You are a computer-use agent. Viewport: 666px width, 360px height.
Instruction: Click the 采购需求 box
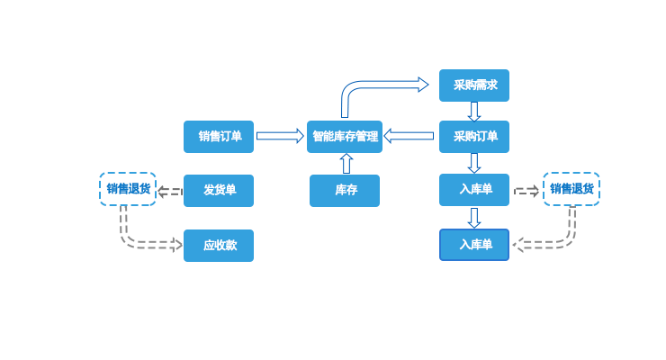pyautogui.click(x=474, y=85)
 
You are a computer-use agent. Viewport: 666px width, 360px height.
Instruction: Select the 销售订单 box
pyautogui.click(x=219, y=137)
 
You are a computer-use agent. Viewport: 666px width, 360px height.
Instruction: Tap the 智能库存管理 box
pyautogui.click(x=345, y=137)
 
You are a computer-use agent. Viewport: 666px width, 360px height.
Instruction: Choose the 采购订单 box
pyautogui.click(x=474, y=137)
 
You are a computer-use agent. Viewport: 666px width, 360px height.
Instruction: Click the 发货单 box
pyautogui.click(x=219, y=191)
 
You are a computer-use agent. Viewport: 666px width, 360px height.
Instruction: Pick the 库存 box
pyautogui.click(x=345, y=191)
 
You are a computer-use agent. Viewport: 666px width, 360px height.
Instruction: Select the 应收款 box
pyautogui.click(x=219, y=246)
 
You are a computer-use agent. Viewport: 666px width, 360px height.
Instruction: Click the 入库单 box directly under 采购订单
pyautogui.click(x=474, y=190)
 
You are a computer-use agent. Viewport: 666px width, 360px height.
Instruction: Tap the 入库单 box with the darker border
pyautogui.click(x=474, y=245)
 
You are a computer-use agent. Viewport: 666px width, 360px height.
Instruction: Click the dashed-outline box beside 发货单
pyautogui.click(x=128, y=189)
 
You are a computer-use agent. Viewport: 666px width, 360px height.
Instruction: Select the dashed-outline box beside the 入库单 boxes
pyautogui.click(x=571, y=189)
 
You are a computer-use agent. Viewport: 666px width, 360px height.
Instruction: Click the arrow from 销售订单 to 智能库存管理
pyautogui.click(x=280, y=136)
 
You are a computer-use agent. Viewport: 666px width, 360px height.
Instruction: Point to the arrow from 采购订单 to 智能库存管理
pyautogui.click(x=409, y=136)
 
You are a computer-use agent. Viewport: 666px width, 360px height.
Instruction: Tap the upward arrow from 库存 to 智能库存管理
pyautogui.click(x=346, y=164)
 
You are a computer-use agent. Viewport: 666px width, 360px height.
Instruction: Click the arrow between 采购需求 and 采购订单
pyautogui.click(x=474, y=112)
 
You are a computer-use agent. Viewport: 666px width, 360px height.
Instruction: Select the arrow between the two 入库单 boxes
pyautogui.click(x=474, y=218)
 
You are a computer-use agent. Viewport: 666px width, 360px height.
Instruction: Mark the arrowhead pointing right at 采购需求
pyautogui.click(x=422, y=85)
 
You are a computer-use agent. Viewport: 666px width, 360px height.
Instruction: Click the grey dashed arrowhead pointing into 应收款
pyautogui.click(x=176, y=244)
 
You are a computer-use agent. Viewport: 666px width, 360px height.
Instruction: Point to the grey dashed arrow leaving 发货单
pyautogui.click(x=169, y=191)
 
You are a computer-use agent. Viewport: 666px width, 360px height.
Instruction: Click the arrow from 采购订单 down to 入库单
pyautogui.click(x=474, y=163)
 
